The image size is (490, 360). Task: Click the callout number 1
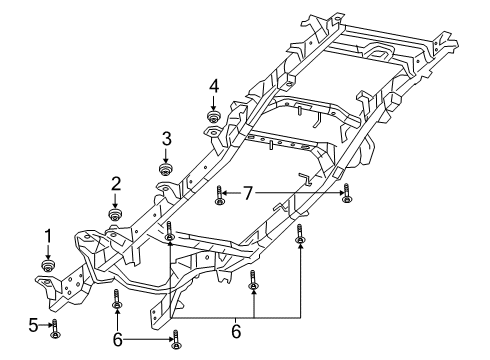47,236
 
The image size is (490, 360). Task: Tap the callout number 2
116,183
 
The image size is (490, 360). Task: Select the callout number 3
167,138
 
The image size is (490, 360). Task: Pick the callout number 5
34,324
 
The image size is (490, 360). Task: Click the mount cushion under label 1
47,265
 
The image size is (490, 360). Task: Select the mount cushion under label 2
116,212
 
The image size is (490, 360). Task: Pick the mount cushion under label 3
167,167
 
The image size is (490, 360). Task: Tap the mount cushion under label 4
213,117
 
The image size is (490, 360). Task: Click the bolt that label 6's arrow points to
176,339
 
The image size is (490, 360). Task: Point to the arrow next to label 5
45,325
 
